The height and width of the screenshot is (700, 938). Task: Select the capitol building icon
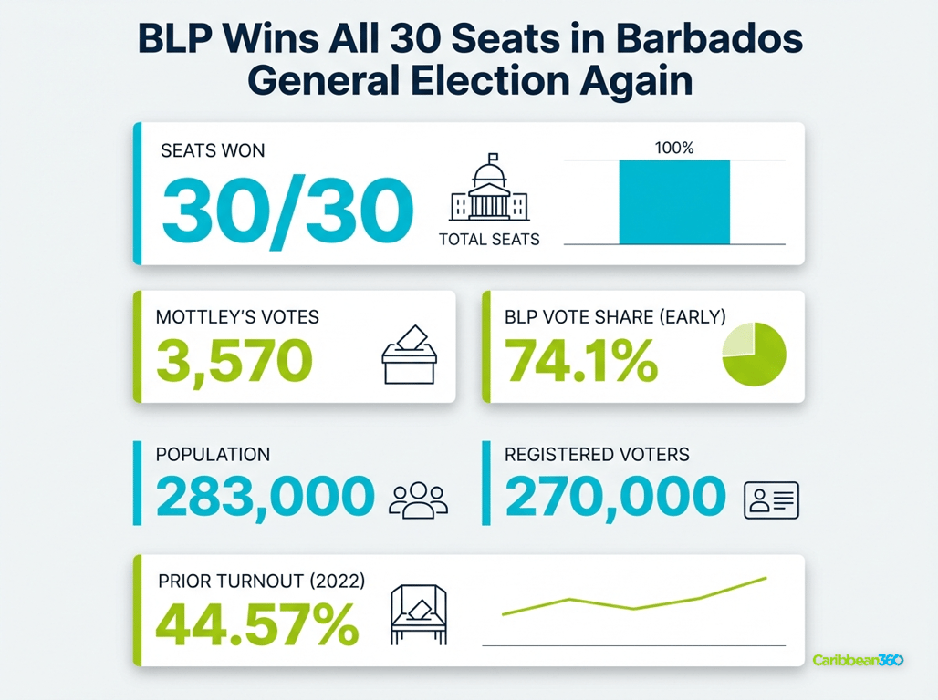489,189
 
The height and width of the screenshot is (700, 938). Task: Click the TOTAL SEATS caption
489,240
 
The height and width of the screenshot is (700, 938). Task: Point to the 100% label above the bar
674,148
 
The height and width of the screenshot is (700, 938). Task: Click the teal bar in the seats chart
674,202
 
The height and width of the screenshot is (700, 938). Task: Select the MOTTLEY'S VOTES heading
237,317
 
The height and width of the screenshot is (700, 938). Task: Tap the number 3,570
234,360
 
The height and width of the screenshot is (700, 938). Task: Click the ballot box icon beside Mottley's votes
409,355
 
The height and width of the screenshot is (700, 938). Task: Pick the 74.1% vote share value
581,360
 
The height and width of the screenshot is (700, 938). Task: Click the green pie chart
754,355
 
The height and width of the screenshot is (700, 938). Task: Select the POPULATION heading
213,454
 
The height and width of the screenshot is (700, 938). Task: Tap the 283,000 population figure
266,497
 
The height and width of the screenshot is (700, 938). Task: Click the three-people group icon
418,499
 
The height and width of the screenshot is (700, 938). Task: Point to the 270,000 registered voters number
615,497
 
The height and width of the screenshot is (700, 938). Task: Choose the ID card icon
771,499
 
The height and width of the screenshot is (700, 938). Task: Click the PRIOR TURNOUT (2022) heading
261,581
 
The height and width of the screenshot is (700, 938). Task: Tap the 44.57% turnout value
256,624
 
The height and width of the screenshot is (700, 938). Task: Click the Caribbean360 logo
858,660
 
